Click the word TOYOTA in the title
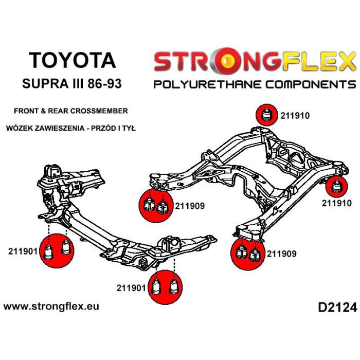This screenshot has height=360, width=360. pyautogui.click(x=72, y=60)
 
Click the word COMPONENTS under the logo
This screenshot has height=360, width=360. pyautogui.click(x=305, y=84)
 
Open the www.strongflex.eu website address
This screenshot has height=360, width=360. pyautogui.click(x=51, y=307)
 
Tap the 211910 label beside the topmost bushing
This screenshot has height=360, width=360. pyautogui.click(x=295, y=116)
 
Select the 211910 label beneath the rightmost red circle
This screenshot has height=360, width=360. pyautogui.click(x=336, y=203)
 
